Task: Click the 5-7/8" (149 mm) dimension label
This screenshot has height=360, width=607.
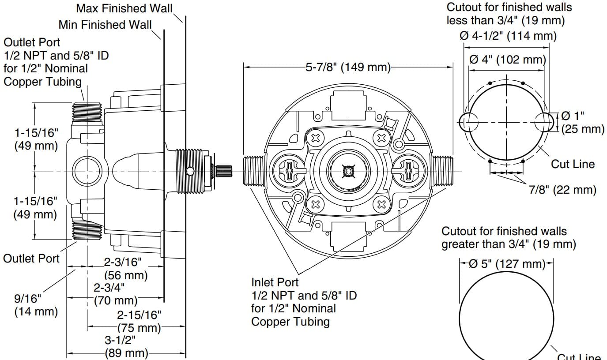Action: pyautogui.click(x=348, y=67)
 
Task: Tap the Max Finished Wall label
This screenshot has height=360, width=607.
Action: pyautogui.click(x=124, y=8)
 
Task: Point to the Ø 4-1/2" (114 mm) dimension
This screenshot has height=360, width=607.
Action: pyautogui.click(x=508, y=36)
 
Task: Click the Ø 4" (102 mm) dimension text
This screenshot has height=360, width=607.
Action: pyautogui.click(x=507, y=59)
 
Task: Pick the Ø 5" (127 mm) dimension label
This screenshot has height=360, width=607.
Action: pyautogui.click(x=507, y=264)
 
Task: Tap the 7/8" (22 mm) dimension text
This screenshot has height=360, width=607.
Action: pyautogui.click(x=562, y=190)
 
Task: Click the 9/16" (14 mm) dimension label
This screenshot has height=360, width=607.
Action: pyautogui.click(x=36, y=304)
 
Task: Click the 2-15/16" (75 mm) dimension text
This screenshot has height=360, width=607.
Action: pyautogui.click(x=139, y=322)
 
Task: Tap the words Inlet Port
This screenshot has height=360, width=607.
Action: pyautogui.click(x=275, y=282)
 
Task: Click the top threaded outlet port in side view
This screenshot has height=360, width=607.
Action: pyautogui.click(x=87, y=111)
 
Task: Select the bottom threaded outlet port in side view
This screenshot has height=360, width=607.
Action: pyautogui.click(x=87, y=229)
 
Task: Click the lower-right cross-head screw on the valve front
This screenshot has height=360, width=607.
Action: pyautogui.click(x=382, y=204)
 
